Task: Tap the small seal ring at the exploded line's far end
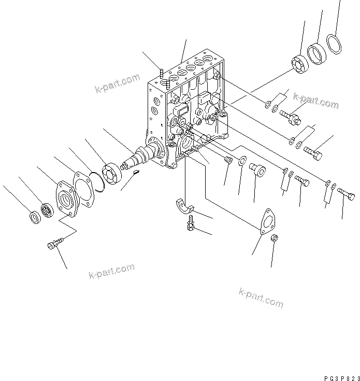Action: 34,216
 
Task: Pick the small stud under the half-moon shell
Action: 191,224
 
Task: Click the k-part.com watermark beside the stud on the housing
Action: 118,83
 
